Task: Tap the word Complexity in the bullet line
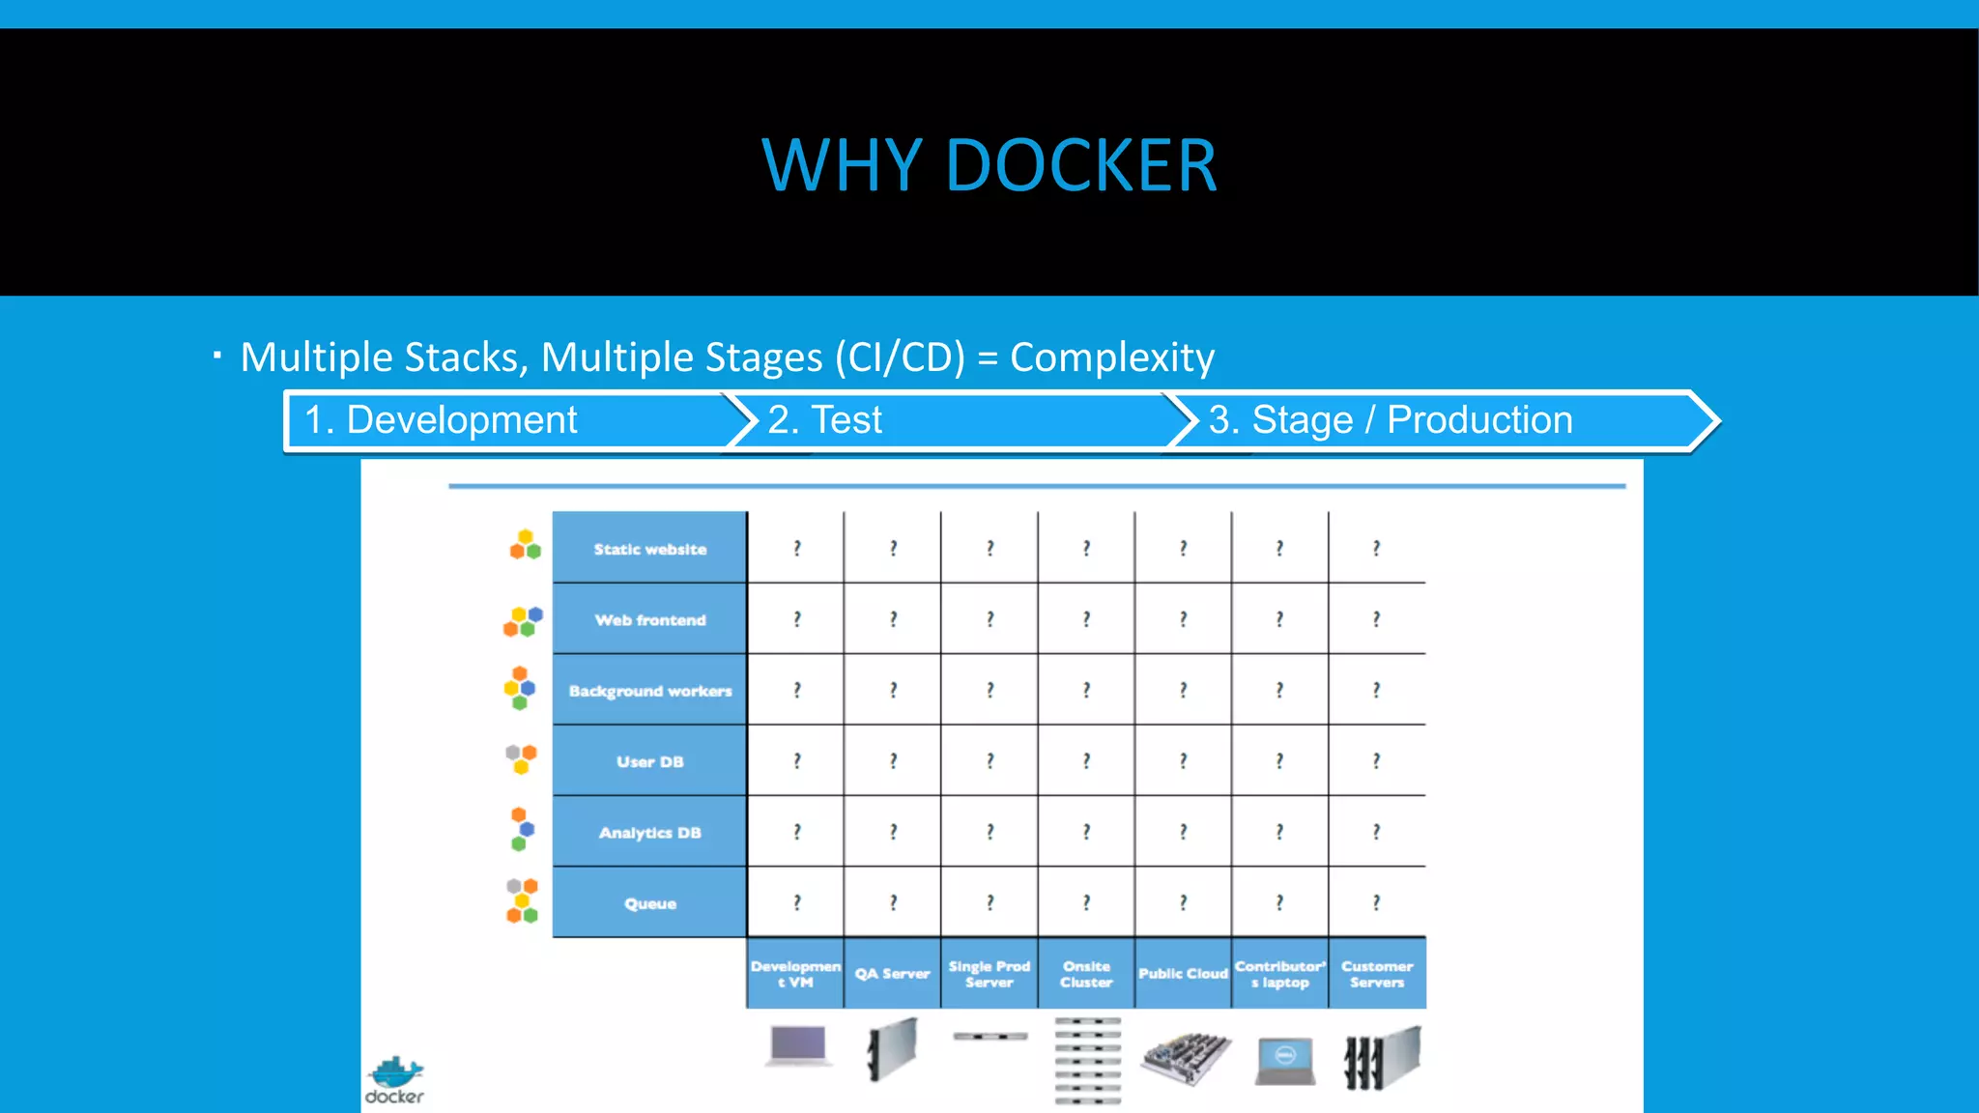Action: (1111, 357)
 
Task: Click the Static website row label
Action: (649, 549)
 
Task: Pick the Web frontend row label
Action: (649, 619)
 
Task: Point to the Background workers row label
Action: (649, 691)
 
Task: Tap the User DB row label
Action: (649, 761)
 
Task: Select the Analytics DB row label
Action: (649, 832)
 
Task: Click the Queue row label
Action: (649, 903)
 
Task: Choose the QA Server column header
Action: (892, 974)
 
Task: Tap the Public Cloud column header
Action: (1183, 974)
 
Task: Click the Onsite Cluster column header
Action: (1086, 974)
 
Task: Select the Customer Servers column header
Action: (1377, 974)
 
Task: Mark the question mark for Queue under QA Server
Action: (893, 902)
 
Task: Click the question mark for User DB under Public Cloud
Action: (1183, 761)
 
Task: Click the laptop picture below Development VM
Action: (798, 1046)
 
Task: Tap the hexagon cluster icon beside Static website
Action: (525, 545)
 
